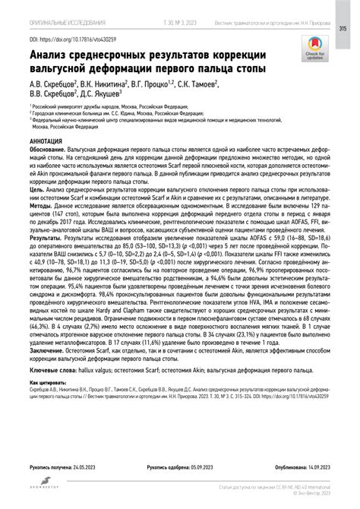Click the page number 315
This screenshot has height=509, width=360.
click(344, 30)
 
